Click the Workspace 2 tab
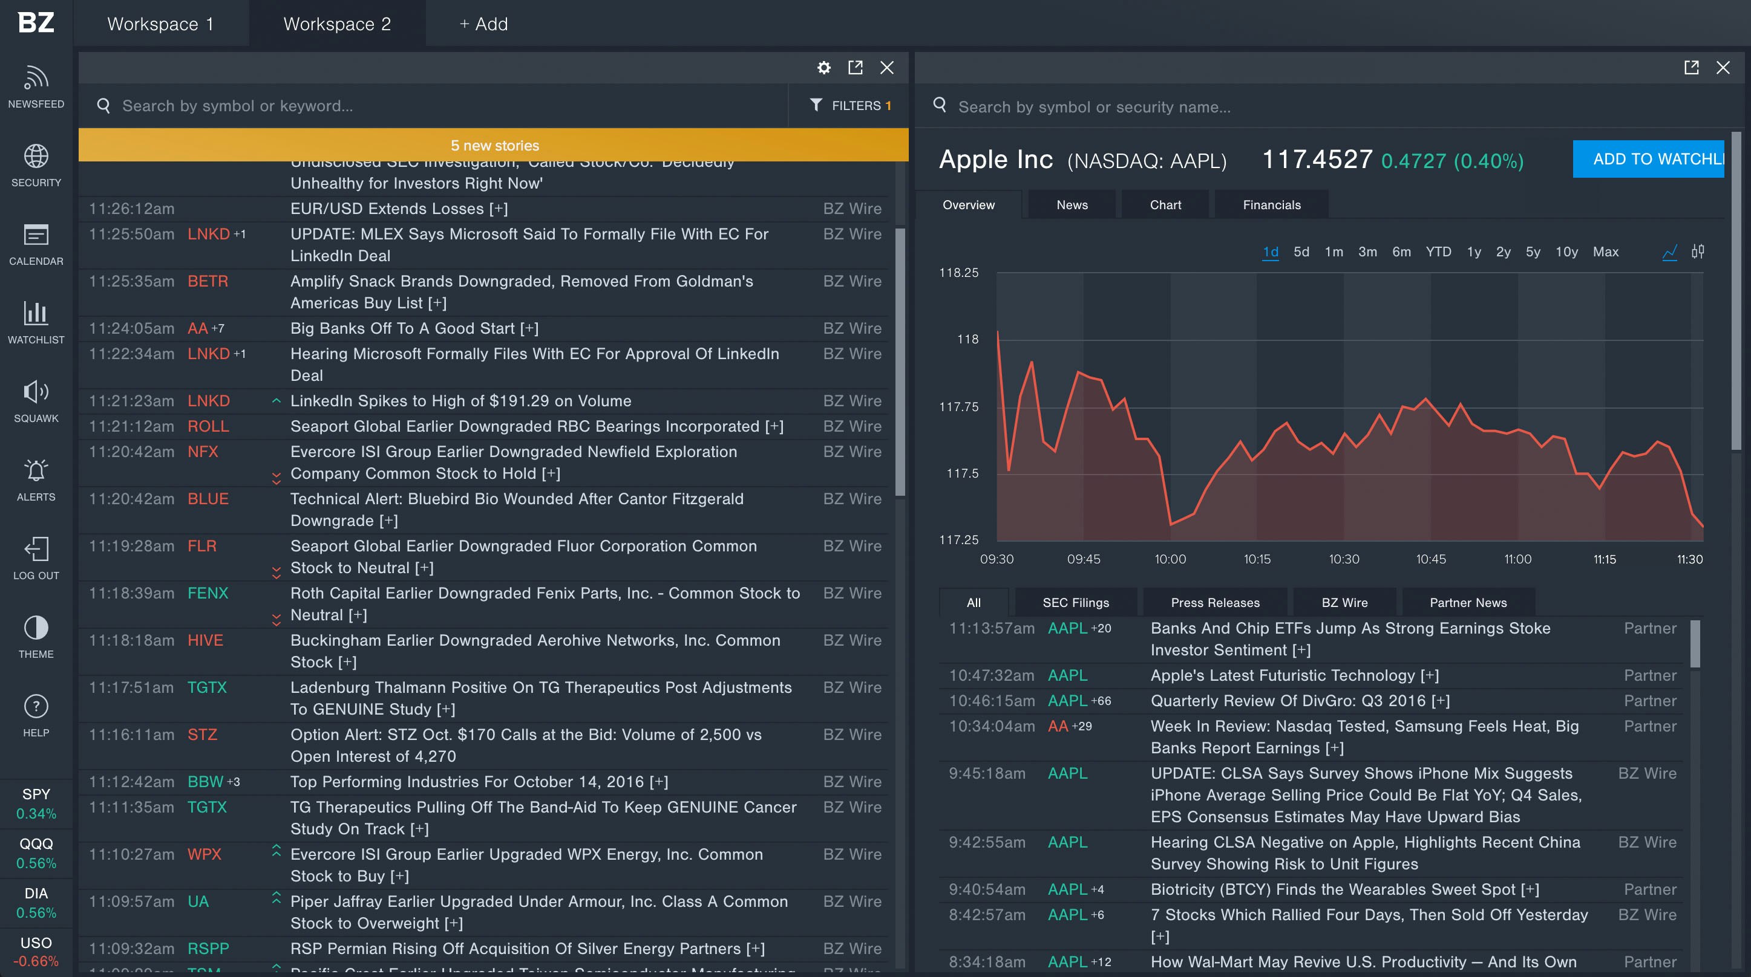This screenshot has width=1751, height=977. pos(336,24)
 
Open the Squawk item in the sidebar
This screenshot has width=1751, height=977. pos(36,401)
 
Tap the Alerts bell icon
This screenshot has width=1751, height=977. pos(36,471)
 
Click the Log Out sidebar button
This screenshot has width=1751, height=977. pos(36,558)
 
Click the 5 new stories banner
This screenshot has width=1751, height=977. pos(494,144)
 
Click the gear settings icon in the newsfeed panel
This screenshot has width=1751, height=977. pos(823,67)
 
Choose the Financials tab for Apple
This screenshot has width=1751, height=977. pos(1271,204)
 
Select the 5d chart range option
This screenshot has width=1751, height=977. pos(1301,252)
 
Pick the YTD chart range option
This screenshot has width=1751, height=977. pos(1438,252)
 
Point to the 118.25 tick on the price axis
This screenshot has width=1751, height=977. pos(958,273)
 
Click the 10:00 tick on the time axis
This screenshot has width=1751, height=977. pos(1170,559)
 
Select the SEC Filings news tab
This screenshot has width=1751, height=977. pos(1075,602)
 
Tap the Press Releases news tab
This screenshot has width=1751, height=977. pos(1215,602)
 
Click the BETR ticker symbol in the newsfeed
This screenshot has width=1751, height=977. pos(208,281)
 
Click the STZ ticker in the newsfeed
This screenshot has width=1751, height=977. pos(202,734)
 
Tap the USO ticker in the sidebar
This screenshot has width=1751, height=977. pos(36,943)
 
